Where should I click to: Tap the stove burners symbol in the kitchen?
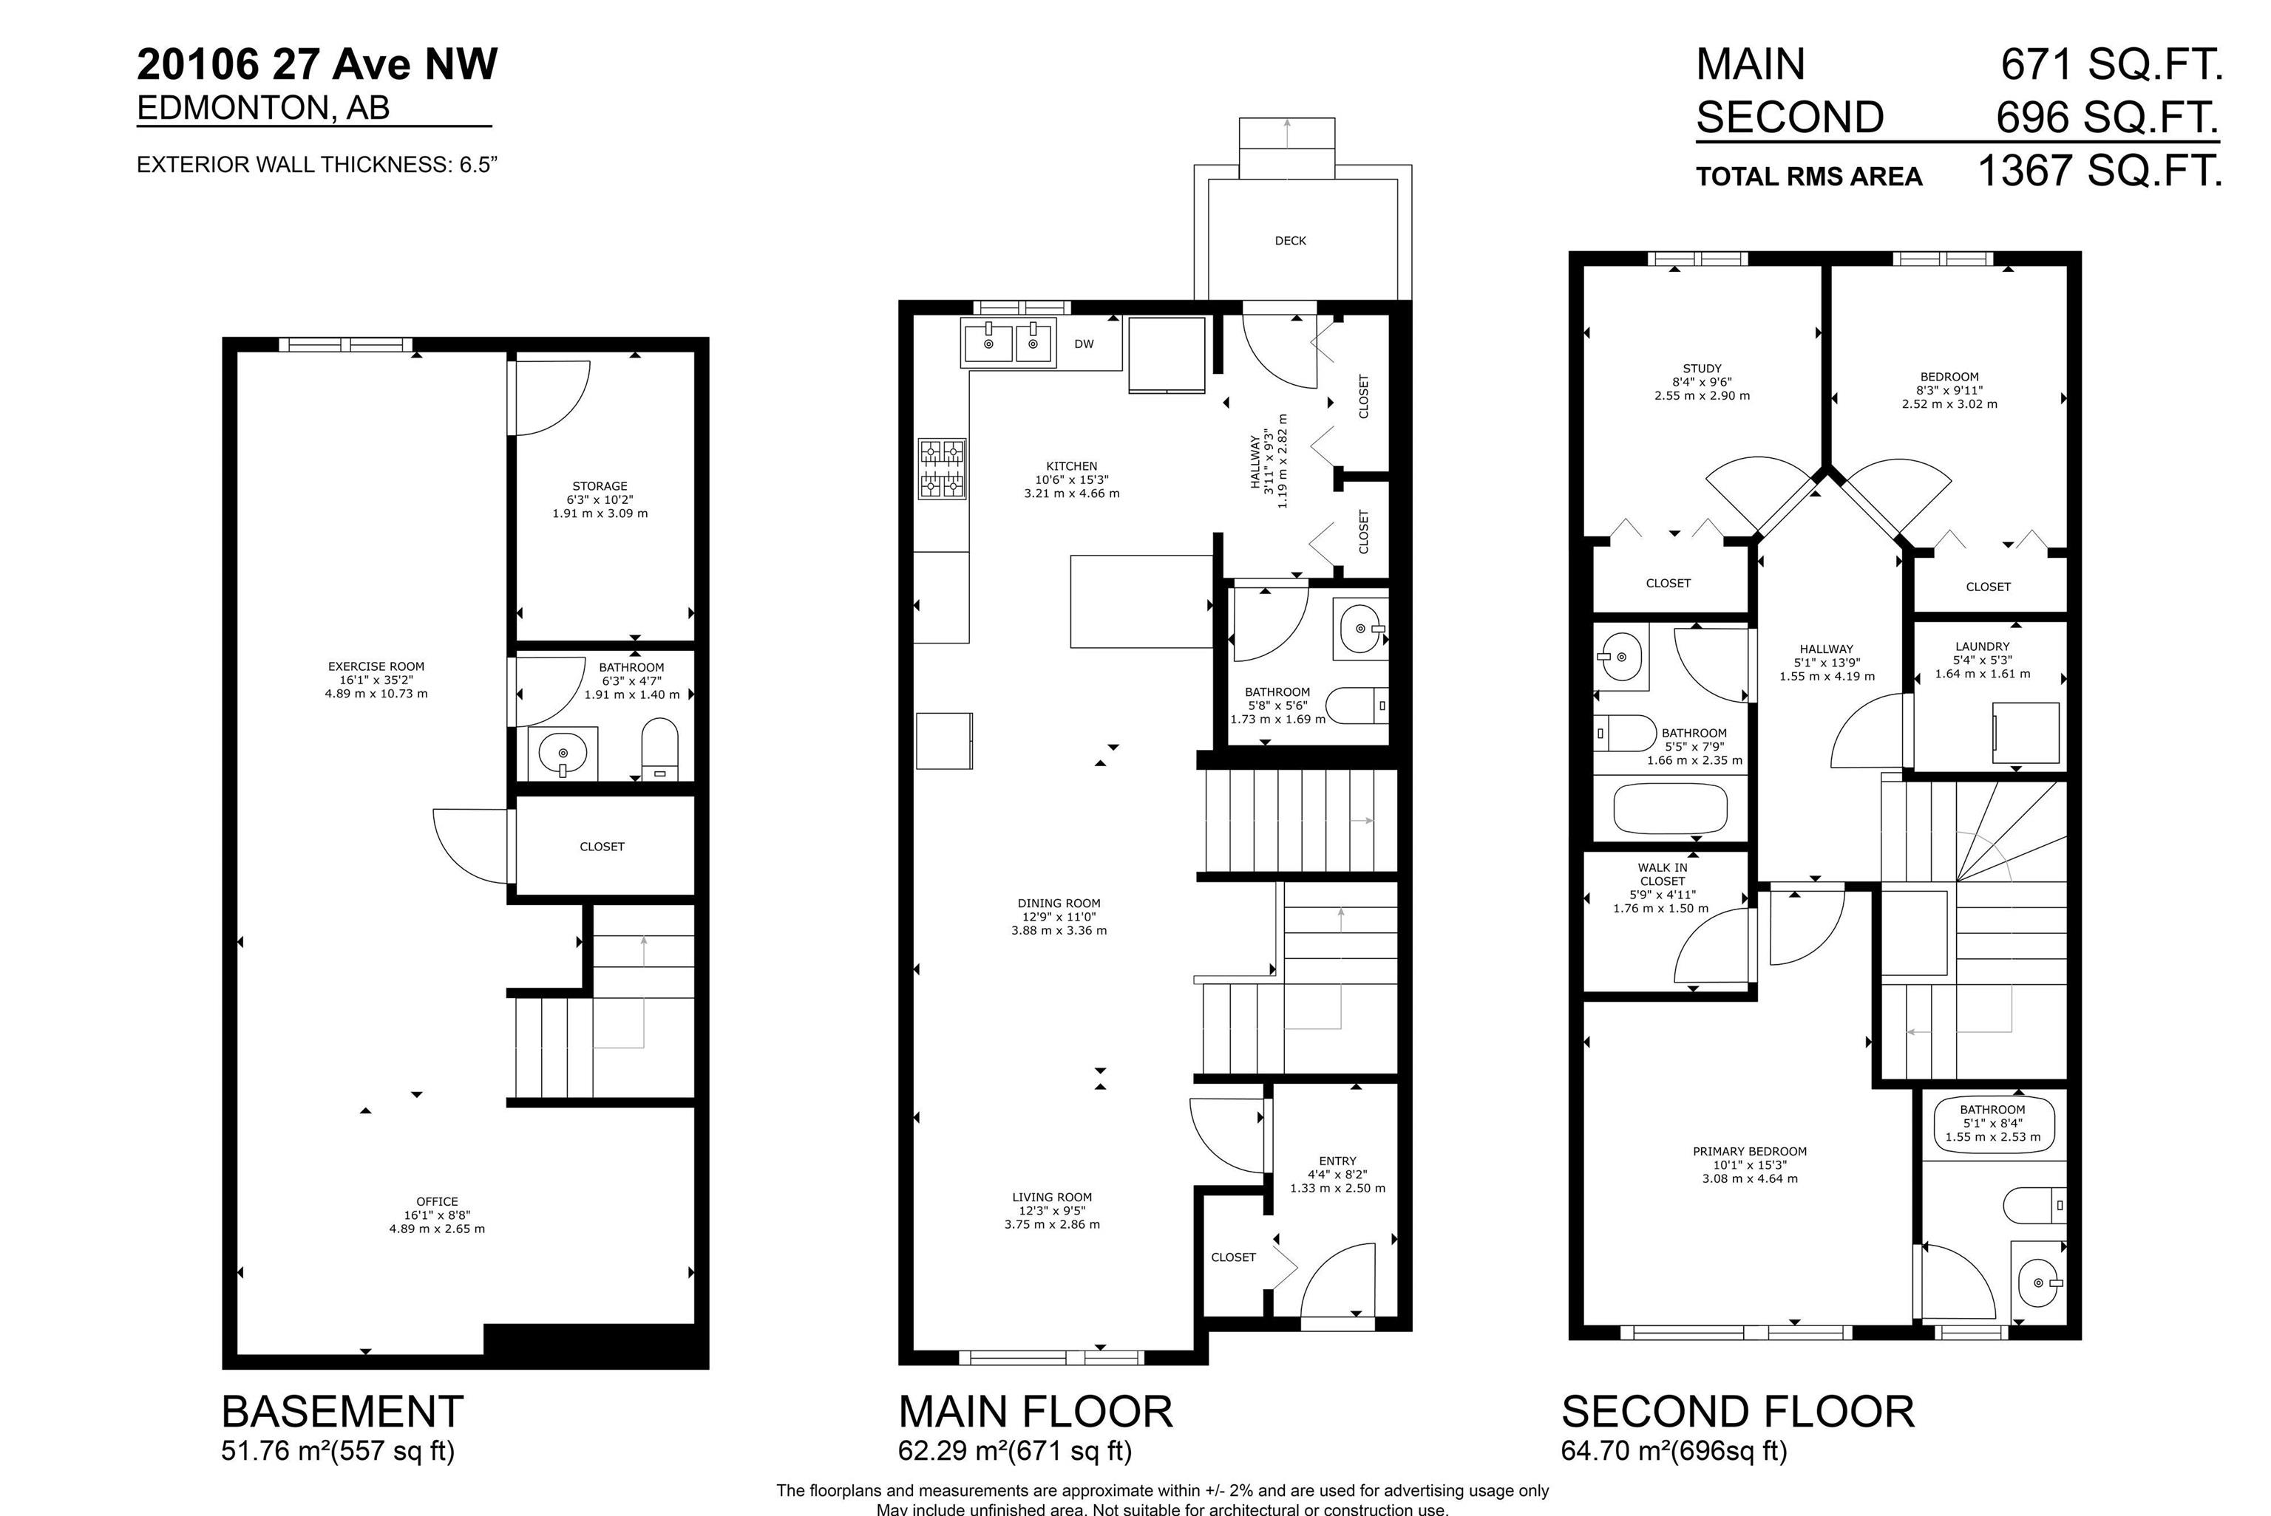pos(942,469)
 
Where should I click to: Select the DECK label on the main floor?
pos(1290,241)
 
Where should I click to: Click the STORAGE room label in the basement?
pos(600,486)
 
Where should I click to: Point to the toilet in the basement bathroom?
pos(661,748)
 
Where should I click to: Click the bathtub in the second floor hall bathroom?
pos(1671,808)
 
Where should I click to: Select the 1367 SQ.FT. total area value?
pos(2099,172)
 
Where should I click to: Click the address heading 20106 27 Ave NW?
pos(317,65)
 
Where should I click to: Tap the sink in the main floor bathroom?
pos(1361,629)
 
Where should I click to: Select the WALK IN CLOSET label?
pos(1662,874)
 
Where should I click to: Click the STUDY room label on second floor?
pos(1703,369)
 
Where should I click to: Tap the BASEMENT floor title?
pos(342,1412)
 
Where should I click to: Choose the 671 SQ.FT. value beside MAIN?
pos(2111,65)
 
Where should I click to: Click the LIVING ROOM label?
pos(1051,1197)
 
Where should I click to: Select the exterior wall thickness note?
pos(317,164)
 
